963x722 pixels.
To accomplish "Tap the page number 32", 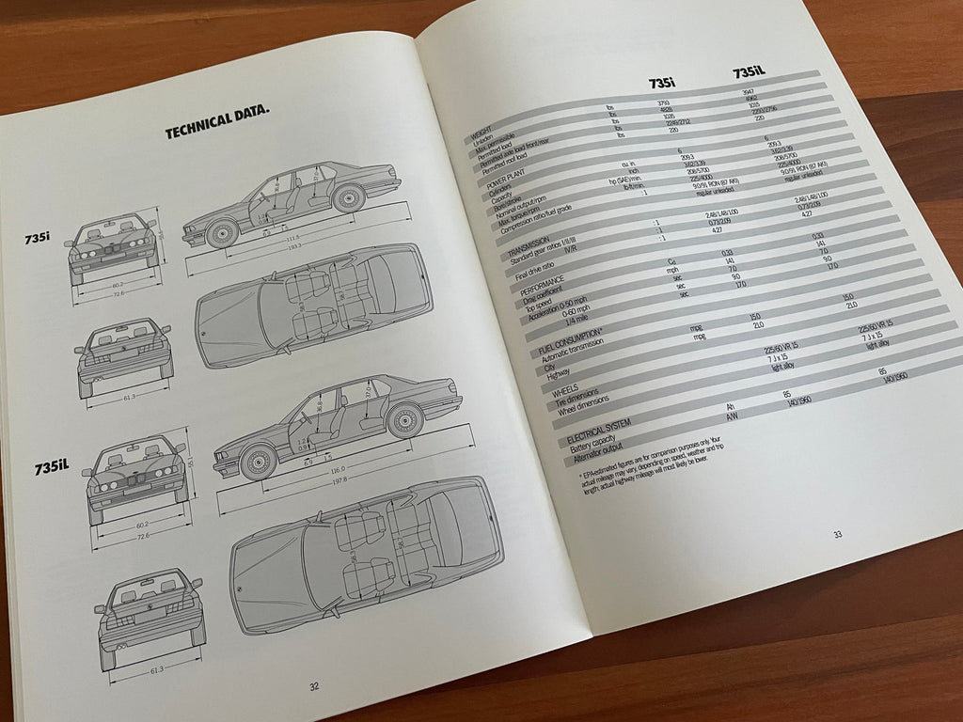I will coord(315,686).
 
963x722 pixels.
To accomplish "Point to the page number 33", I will coord(837,535).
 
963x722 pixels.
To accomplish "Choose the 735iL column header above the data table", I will coord(754,73).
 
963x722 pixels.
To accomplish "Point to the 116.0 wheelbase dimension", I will coord(339,470).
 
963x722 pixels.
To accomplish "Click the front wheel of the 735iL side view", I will coord(257,458).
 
